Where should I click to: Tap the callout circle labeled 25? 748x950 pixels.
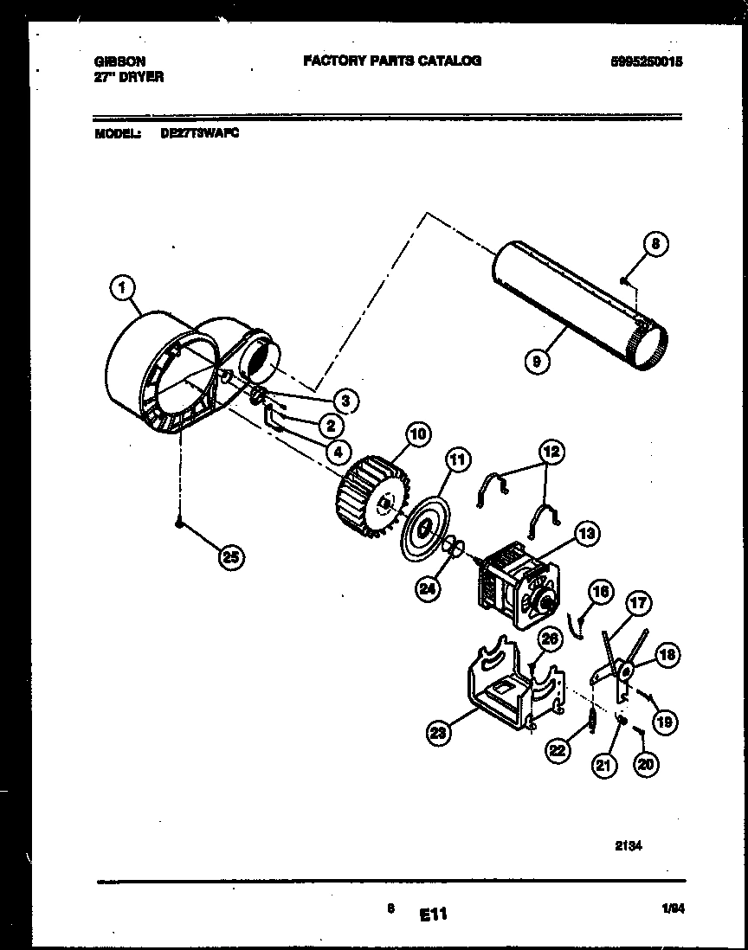coord(229,557)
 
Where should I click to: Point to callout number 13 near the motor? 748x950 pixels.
coord(586,535)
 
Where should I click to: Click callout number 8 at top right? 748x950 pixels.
coord(655,245)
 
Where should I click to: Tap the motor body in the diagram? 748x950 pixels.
coord(516,585)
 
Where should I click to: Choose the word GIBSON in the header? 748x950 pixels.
coord(119,61)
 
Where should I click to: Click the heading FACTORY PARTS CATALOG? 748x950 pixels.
coord(392,61)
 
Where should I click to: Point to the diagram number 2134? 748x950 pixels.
coord(629,849)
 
